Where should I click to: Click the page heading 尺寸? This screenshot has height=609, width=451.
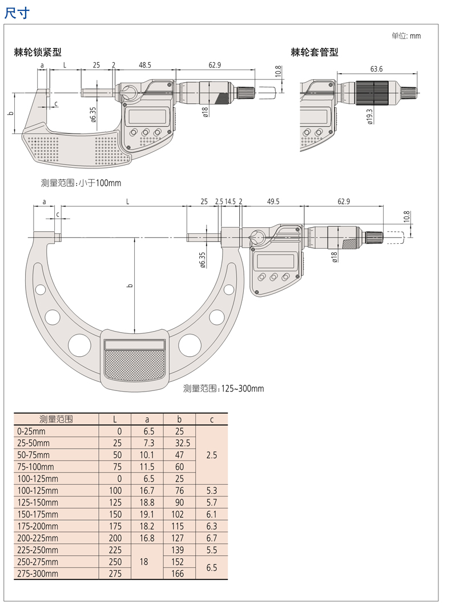(x=17, y=13)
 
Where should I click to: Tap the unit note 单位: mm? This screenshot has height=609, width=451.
(x=406, y=36)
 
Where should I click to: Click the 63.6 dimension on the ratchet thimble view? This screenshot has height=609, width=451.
(x=376, y=69)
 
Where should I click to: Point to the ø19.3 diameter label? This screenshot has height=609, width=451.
(x=369, y=116)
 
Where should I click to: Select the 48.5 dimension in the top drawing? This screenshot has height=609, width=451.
(x=144, y=66)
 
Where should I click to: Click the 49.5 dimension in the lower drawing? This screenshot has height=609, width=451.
(x=272, y=201)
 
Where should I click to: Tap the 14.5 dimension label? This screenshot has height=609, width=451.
(x=230, y=201)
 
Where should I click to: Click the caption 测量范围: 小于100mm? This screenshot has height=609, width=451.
(x=81, y=183)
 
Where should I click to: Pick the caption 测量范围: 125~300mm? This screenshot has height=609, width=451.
(x=224, y=389)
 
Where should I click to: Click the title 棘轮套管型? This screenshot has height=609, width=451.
(x=315, y=53)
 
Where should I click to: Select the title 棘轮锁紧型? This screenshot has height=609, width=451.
(x=38, y=53)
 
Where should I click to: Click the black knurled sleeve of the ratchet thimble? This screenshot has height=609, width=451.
(x=372, y=93)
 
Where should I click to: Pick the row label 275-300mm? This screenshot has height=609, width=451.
(x=38, y=574)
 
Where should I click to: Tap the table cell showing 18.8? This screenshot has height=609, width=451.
(x=147, y=503)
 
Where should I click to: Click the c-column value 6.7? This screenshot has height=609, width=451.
(x=211, y=538)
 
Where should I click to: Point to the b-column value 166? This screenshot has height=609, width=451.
(x=179, y=574)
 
